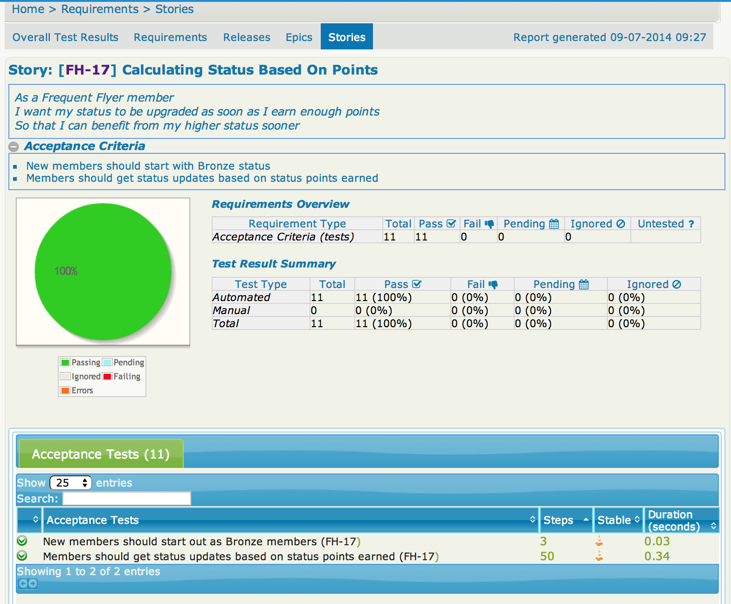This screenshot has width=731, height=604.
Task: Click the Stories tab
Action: (x=346, y=37)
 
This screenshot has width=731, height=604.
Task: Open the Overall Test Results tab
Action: (x=65, y=37)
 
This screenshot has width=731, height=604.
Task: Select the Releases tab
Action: (x=247, y=37)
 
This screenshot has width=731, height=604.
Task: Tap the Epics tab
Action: (x=299, y=37)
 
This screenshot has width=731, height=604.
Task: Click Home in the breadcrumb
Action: (x=28, y=9)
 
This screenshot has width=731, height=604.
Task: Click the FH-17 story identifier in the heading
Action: (x=87, y=70)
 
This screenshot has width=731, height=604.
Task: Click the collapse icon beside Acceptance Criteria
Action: (x=14, y=147)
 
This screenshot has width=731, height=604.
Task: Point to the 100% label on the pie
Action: (x=66, y=271)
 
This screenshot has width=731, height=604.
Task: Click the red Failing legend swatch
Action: (x=107, y=377)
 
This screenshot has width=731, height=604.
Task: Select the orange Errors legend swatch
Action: (x=65, y=391)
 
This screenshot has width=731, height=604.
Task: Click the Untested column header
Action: (x=665, y=224)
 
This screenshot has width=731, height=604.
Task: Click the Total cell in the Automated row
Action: (x=317, y=297)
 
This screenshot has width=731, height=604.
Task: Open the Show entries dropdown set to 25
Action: (x=70, y=483)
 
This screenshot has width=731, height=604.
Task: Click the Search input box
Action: (x=127, y=499)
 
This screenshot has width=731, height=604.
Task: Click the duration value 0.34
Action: (x=657, y=556)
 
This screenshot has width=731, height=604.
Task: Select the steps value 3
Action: (x=544, y=542)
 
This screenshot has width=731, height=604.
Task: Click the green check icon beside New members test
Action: (x=22, y=541)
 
